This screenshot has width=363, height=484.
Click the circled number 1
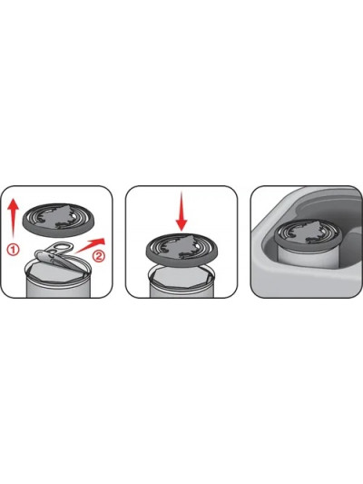pos(13,250)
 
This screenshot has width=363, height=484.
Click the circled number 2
pos(99,256)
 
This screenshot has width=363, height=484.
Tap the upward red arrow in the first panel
pos(13,220)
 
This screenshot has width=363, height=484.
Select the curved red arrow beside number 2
pos(91,245)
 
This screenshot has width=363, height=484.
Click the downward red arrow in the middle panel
pos(181,211)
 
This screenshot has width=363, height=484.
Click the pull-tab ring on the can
pos(61,248)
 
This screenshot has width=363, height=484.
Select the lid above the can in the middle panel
pos(182,249)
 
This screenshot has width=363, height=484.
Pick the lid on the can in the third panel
pos(309,233)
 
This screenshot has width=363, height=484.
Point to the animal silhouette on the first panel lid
pos(59,217)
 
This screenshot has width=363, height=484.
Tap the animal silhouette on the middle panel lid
pos(182,246)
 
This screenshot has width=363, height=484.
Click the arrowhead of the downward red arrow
pos(181,224)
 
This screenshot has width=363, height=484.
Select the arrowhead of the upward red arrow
pos(13,204)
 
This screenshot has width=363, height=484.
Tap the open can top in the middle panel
pos(182,276)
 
